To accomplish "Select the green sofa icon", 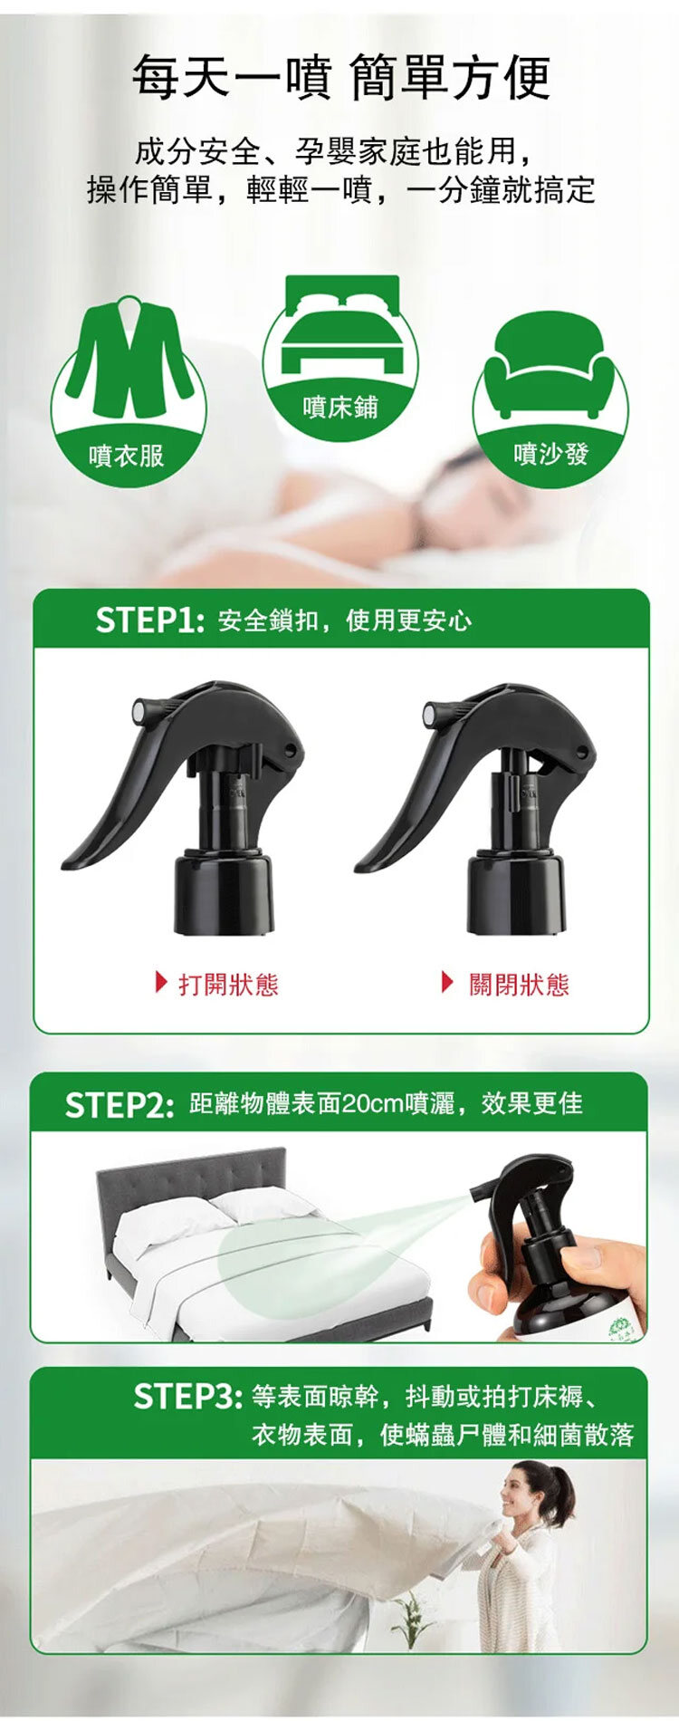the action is (550, 365).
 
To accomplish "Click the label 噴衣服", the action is (127, 455).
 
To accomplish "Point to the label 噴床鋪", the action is (340, 408).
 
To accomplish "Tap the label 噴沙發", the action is (550, 453).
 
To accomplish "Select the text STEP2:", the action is (119, 1105).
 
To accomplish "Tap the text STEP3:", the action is (187, 1396).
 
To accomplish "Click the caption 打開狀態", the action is (228, 985).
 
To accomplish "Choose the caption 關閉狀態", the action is (519, 985).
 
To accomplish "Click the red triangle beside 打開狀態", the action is (162, 982).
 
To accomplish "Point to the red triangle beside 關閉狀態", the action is (447, 982).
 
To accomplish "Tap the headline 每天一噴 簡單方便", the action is (341, 77).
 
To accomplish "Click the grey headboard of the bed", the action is (191, 1183).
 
